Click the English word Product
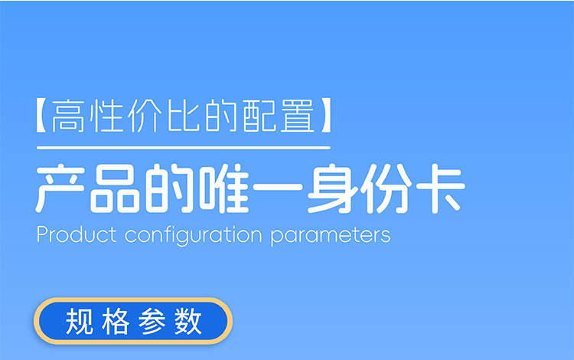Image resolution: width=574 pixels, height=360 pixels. (77, 234)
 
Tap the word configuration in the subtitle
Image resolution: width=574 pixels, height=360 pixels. (194, 235)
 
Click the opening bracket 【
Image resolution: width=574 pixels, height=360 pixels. (41, 115)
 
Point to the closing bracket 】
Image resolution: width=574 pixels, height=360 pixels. (326, 115)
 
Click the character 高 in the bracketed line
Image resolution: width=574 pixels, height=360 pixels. (68, 116)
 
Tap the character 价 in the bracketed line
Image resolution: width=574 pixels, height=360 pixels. (145, 116)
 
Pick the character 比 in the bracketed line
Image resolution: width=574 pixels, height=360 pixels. (184, 116)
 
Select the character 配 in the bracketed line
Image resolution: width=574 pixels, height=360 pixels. (259, 116)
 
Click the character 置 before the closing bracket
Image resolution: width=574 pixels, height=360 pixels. (298, 116)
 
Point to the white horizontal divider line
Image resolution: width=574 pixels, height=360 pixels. (184, 148)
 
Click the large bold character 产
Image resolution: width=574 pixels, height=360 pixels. (60, 188)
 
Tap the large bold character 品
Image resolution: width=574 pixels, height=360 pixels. (115, 188)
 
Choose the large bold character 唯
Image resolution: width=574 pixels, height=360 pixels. (224, 188)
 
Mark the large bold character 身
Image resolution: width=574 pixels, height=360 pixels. (332, 188)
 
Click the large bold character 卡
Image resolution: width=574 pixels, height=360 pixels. (440, 188)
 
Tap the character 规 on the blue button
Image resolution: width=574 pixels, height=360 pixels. (79, 321)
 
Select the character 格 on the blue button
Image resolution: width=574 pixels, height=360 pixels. (116, 321)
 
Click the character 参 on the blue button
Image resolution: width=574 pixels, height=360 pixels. (152, 321)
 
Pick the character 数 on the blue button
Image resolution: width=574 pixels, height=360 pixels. (188, 321)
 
